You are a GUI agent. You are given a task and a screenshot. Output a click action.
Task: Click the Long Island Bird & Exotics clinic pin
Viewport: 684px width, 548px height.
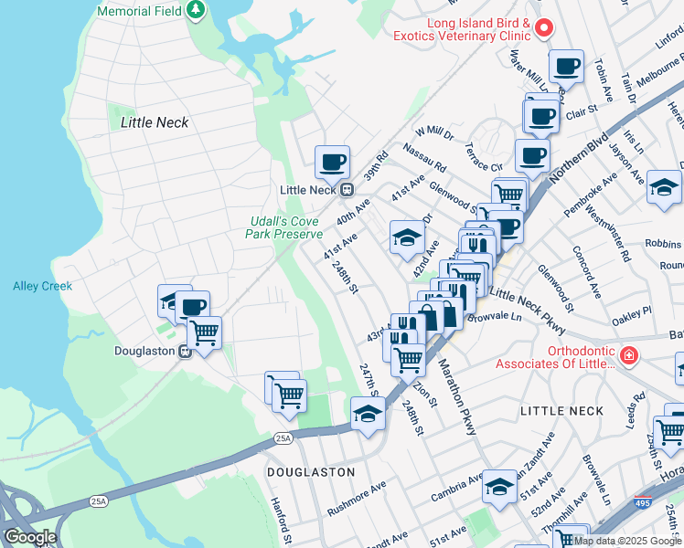pyautogui.click(x=543, y=27)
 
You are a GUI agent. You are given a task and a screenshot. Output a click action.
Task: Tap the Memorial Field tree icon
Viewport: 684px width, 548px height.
pyautogui.click(x=195, y=10)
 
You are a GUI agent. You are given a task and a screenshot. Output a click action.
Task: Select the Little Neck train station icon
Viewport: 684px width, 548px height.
pyautogui.click(x=347, y=190)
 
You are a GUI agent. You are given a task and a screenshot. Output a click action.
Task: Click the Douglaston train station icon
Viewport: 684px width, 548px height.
pyautogui.click(x=185, y=351)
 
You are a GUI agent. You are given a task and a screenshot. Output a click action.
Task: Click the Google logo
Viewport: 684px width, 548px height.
pyautogui.click(x=29, y=537)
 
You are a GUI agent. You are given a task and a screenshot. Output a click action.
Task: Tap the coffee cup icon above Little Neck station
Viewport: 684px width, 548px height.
pyautogui.click(x=332, y=162)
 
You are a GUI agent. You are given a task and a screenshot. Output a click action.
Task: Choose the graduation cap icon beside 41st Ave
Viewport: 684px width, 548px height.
pyautogui.click(x=407, y=238)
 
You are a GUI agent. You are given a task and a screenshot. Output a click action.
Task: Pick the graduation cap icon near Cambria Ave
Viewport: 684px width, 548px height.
pyautogui.click(x=499, y=486)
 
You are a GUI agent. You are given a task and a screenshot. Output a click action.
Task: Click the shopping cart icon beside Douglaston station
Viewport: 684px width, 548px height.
pyautogui.click(x=204, y=332)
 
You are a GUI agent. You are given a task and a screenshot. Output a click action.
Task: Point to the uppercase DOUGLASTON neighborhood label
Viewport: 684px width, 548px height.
pyautogui.click(x=310, y=472)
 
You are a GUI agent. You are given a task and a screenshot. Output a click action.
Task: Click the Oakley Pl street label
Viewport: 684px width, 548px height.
pyautogui.click(x=632, y=311)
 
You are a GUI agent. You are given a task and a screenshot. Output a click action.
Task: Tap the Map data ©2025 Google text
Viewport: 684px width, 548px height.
pyautogui.click(x=627, y=541)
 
